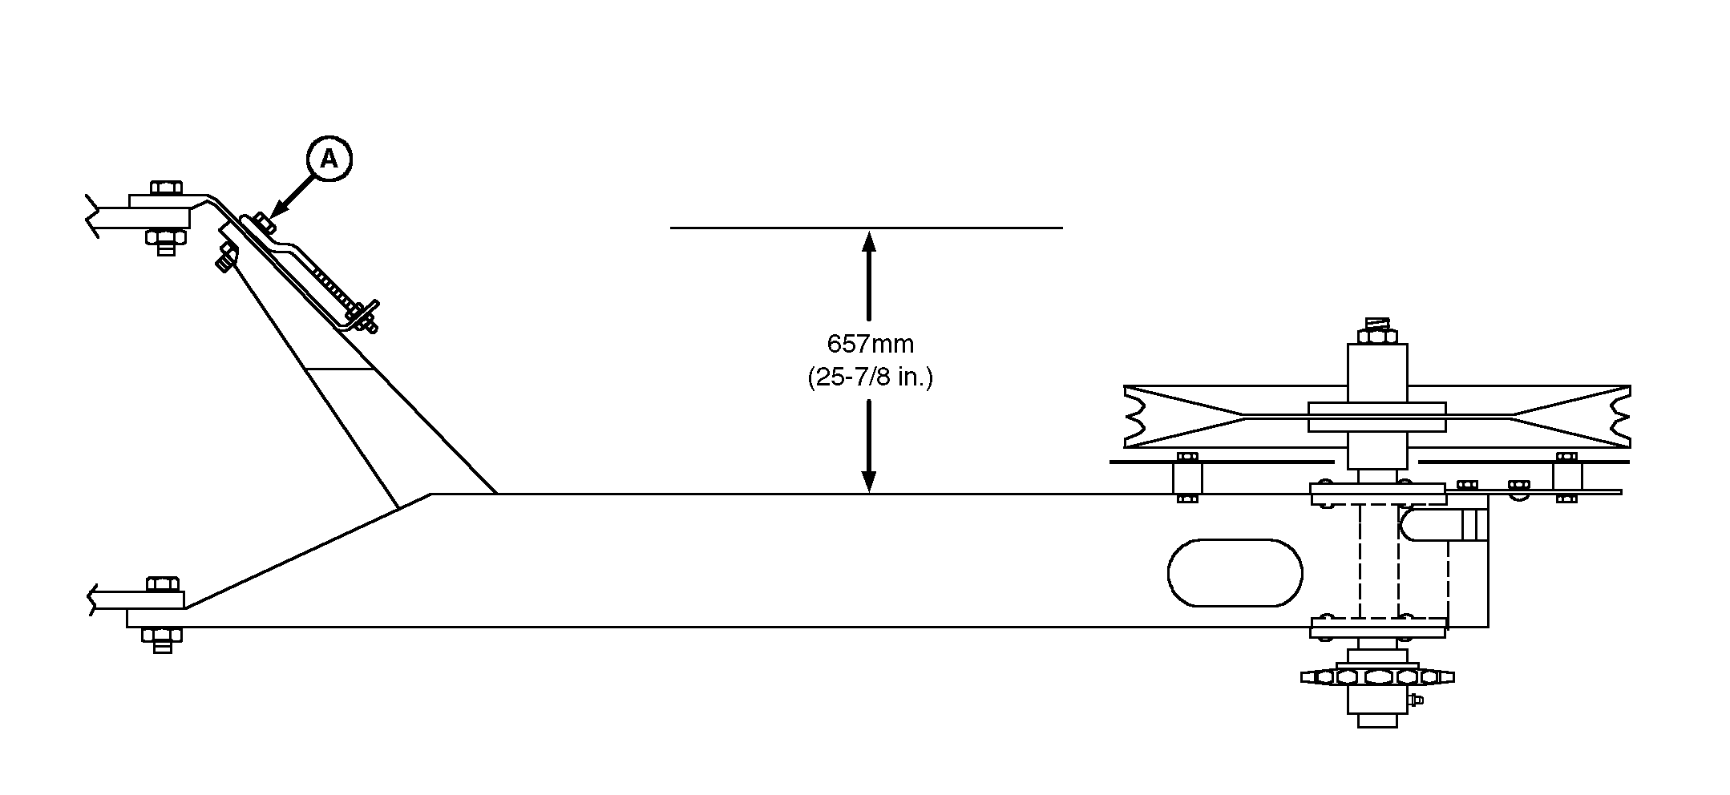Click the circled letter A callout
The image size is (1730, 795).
[x=329, y=159]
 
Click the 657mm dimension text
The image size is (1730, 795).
[x=870, y=344]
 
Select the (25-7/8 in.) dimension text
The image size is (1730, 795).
[x=870, y=377]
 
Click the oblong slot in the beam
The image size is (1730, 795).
[x=1235, y=572]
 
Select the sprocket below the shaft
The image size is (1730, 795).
[x=1376, y=676]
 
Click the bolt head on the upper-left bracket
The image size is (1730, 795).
[x=165, y=188]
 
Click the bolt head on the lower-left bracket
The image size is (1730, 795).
[x=163, y=583]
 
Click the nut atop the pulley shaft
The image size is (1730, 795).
[x=1376, y=335]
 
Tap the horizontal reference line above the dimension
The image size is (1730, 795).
[x=866, y=228]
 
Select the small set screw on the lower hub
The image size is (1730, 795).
[x=1417, y=700]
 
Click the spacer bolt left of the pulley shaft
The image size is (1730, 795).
[x=1187, y=478]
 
